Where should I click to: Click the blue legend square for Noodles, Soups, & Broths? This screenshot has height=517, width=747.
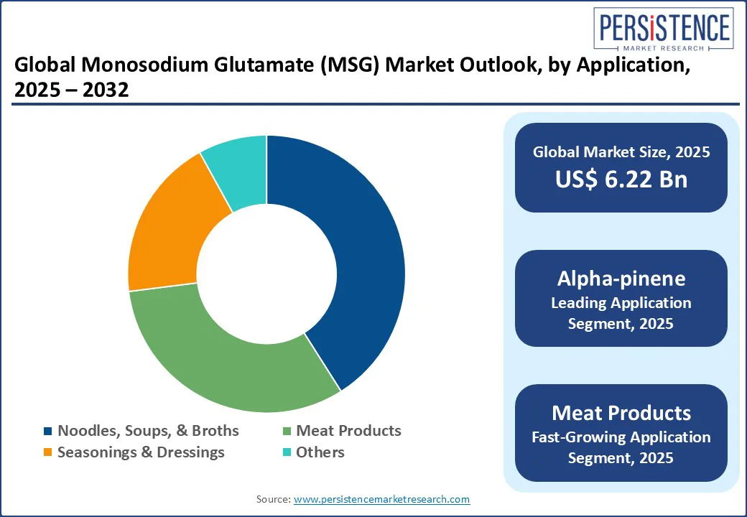pyautogui.click(x=48, y=432)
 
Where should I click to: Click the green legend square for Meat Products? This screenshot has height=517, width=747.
pyautogui.click(x=287, y=432)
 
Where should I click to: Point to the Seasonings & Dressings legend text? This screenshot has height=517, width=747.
pyautogui.click(x=141, y=452)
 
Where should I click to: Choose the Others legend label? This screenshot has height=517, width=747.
pyautogui.click(x=320, y=452)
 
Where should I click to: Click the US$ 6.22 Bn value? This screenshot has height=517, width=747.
pyautogui.click(x=621, y=180)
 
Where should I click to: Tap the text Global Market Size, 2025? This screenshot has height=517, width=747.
pyautogui.click(x=621, y=152)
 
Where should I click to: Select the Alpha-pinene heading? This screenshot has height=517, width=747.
pyautogui.click(x=621, y=279)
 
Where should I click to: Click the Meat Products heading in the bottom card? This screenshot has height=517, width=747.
pyautogui.click(x=621, y=413)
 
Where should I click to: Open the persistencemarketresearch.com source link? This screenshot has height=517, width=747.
pyautogui.click(x=382, y=499)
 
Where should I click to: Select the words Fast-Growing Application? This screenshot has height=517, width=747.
pyautogui.click(x=621, y=437)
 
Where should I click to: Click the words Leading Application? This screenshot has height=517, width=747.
pyautogui.click(x=621, y=303)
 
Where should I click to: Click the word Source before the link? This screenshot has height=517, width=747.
pyautogui.click(x=273, y=499)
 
